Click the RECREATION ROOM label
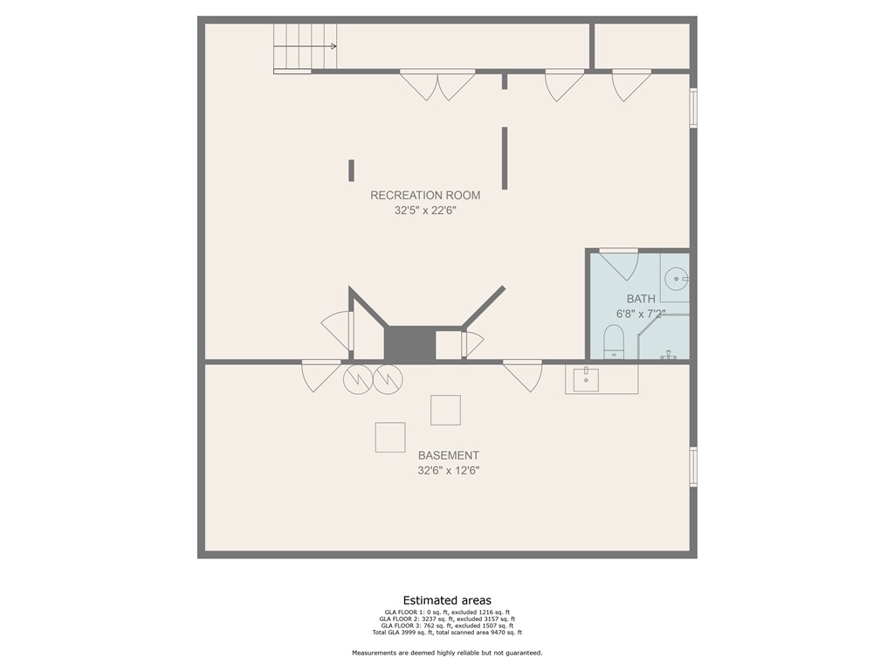[425, 195]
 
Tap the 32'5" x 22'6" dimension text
[425, 210]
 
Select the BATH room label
[640, 299]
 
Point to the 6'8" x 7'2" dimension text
[640, 314]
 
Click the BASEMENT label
[448, 455]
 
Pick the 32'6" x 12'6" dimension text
[448, 470]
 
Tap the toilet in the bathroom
[614, 342]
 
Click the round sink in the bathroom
[676, 280]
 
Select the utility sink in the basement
[586, 379]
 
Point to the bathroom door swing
[621, 265]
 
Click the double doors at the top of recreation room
[437, 85]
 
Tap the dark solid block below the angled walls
[409, 343]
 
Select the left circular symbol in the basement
[357, 379]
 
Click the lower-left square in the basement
[390, 437]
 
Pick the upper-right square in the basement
[445, 410]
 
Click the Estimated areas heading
[447, 600]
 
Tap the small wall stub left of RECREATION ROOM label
[351, 170]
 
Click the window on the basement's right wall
[693, 467]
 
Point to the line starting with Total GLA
[447, 632]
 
